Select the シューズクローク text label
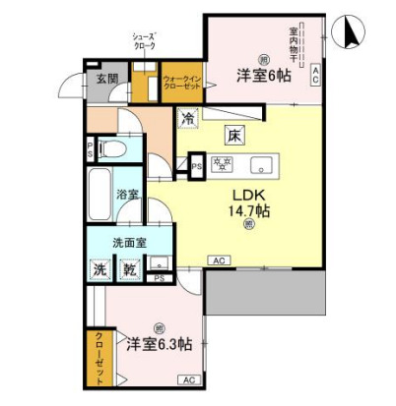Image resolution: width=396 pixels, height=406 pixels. coord(146,40)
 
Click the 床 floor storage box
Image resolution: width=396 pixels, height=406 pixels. coord(233,134)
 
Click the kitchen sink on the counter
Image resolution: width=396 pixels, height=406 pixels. coord(263,163)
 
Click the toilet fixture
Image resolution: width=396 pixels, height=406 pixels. coord(111,150)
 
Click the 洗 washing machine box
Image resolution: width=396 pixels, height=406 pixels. coord(101,268)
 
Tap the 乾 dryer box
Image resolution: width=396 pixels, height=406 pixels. coord(128,268)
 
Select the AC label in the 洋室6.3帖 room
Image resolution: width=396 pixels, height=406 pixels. coord(188,378)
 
